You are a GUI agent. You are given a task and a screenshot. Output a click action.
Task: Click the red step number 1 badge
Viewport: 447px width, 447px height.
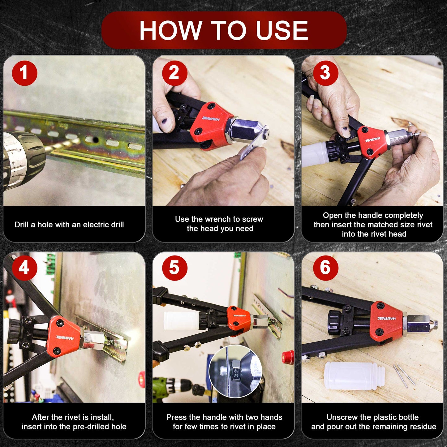pyautogui.click(x=24, y=73)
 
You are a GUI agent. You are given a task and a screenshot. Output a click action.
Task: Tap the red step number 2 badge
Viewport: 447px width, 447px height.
pyautogui.click(x=174, y=73)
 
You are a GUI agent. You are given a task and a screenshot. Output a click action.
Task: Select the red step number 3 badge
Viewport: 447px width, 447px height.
pyautogui.click(x=325, y=73)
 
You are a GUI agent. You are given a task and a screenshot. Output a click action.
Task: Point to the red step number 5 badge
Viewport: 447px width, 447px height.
pyautogui.click(x=174, y=268)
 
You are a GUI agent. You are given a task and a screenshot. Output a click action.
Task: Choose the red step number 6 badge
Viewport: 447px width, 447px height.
pyautogui.click(x=325, y=268)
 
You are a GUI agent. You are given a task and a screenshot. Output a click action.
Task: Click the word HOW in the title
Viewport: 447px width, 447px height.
pyautogui.click(x=170, y=30)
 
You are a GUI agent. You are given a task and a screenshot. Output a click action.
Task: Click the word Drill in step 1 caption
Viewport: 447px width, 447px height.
pyautogui.click(x=22, y=225)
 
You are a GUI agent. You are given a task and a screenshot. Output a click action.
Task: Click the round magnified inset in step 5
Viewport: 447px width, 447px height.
pyautogui.click(x=235, y=372)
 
